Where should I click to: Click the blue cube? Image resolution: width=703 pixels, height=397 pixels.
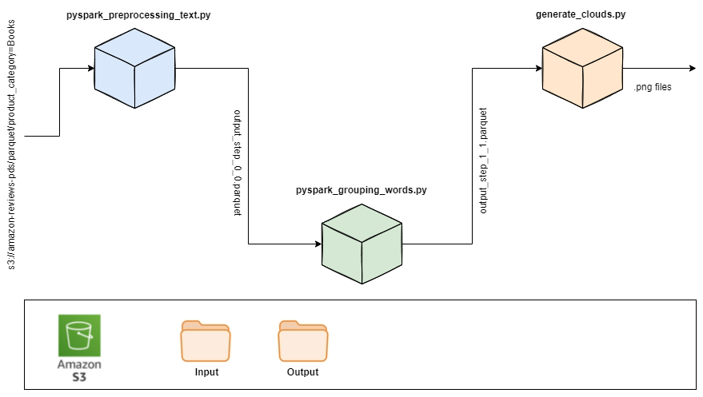[x=134, y=68]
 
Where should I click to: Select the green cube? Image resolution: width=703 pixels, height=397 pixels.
[x=361, y=244]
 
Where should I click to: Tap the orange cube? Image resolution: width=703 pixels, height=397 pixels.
[x=582, y=68]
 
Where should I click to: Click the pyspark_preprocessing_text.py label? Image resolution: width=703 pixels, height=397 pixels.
[x=138, y=14]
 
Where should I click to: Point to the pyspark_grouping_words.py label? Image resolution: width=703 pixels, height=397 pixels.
[x=361, y=190]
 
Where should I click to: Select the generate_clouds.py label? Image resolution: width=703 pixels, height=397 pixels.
[x=581, y=14]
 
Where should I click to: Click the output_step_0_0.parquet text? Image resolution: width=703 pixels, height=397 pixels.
[x=238, y=163]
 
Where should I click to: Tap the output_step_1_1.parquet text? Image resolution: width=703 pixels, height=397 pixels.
[x=483, y=161]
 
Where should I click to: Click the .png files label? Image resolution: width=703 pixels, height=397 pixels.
[x=653, y=87]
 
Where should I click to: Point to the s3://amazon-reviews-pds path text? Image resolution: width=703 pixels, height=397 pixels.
[x=11, y=145]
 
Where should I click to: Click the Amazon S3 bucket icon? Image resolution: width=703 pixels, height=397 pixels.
[x=79, y=335]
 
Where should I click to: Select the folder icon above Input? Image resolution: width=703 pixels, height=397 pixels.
[x=206, y=340]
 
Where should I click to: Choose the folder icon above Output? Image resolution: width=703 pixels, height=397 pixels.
[x=303, y=340]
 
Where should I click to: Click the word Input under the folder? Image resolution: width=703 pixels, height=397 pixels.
[x=206, y=372]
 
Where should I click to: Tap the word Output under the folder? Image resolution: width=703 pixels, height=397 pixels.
[x=302, y=372]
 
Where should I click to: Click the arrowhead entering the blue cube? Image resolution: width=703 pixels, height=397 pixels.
[x=91, y=69]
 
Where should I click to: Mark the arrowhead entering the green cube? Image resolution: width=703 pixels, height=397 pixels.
[x=318, y=244]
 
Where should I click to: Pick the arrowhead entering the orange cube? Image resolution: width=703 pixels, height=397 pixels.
[x=539, y=69]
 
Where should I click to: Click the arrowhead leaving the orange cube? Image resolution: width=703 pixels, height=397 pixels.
[x=693, y=69]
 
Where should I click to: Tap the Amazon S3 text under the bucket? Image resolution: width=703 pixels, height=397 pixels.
[x=79, y=371]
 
